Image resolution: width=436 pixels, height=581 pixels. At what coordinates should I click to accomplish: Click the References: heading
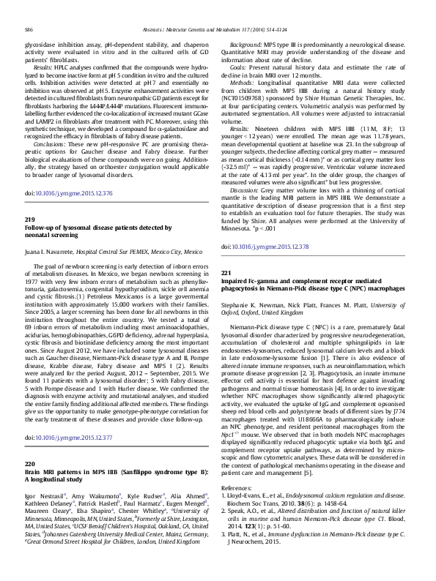point(246,487)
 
